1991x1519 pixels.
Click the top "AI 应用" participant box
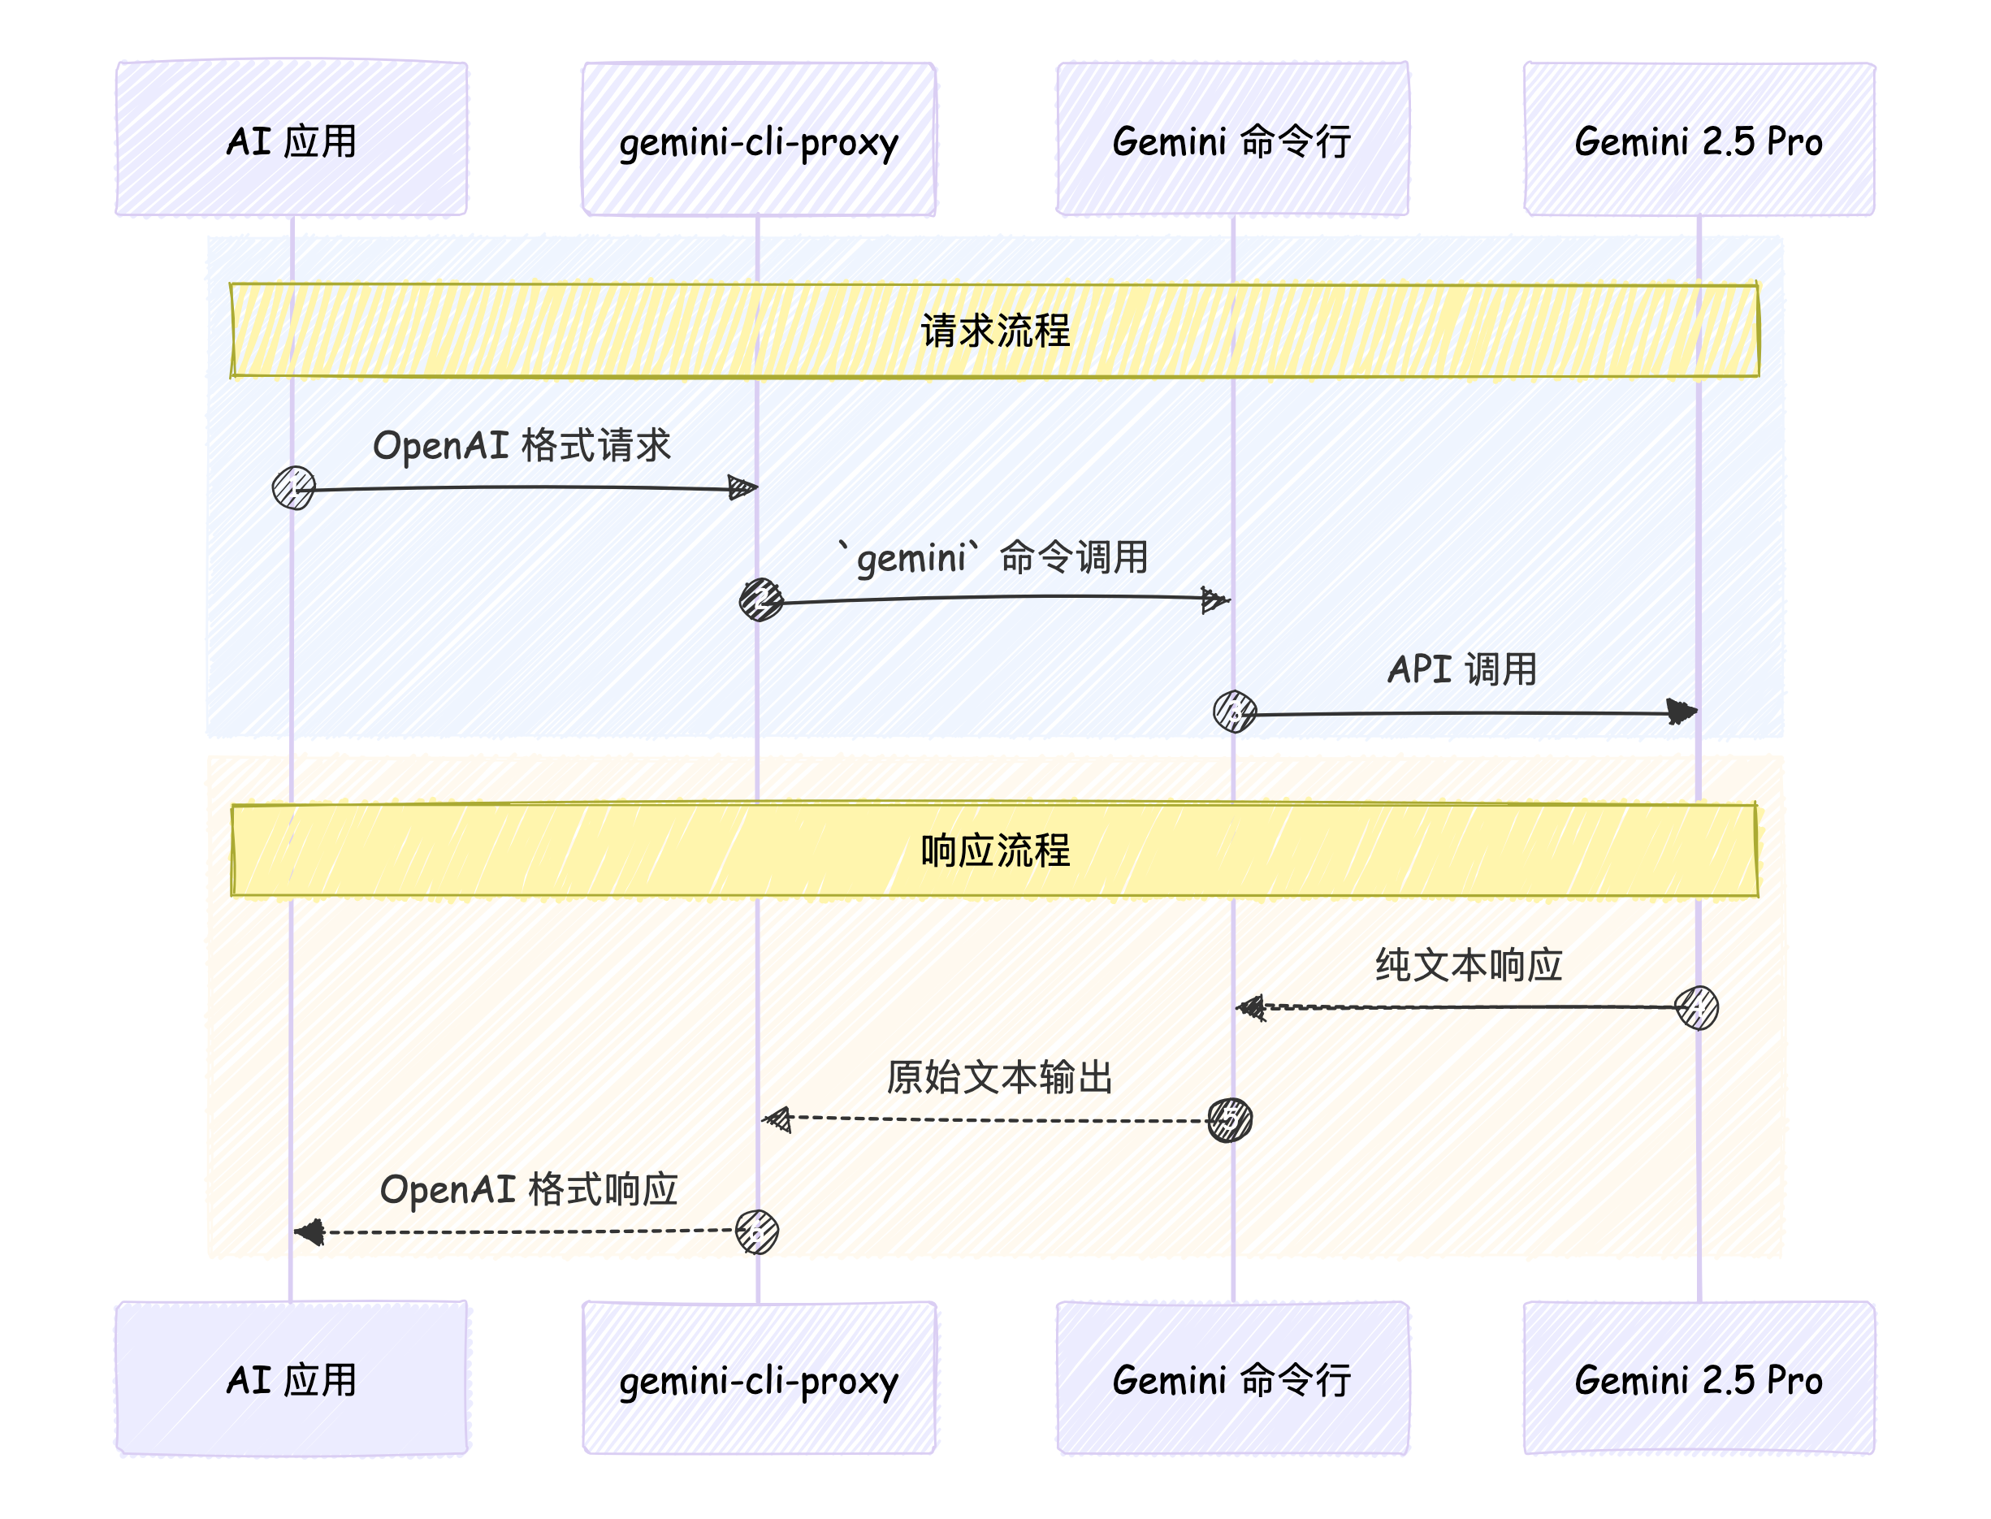pyautogui.click(x=291, y=139)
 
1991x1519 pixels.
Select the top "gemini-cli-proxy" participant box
pyautogui.click(x=759, y=139)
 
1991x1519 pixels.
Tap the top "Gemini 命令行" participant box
pyautogui.click(x=1232, y=139)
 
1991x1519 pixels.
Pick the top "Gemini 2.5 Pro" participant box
pyautogui.click(x=1699, y=139)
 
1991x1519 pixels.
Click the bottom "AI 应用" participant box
pyautogui.click(x=291, y=1378)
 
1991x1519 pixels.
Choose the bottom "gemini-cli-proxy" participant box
pyautogui.click(x=759, y=1378)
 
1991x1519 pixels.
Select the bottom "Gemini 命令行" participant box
pyautogui.click(x=1232, y=1378)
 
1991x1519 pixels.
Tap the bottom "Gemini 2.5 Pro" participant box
pyautogui.click(x=1699, y=1378)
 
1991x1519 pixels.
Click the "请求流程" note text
pyautogui.click(x=994, y=330)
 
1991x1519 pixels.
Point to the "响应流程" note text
pyautogui.click(x=994, y=850)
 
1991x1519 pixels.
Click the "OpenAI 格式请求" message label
pyautogui.click(x=522, y=446)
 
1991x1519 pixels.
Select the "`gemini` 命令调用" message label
pyautogui.click(x=993, y=557)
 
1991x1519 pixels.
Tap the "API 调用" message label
pyautogui.click(x=1462, y=669)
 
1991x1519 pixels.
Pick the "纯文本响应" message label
pyautogui.click(x=1469, y=965)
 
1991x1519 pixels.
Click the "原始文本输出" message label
pyautogui.click(x=999, y=1077)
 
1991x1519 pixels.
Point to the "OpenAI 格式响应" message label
pyautogui.click(x=529, y=1189)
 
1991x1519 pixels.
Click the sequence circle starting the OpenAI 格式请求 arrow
pyautogui.click(x=294, y=488)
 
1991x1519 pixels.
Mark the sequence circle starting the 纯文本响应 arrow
pyautogui.click(x=1696, y=1007)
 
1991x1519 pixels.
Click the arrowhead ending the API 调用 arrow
pyautogui.click(x=1682, y=712)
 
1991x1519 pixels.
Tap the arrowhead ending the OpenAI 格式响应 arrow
pyautogui.click(x=310, y=1231)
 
